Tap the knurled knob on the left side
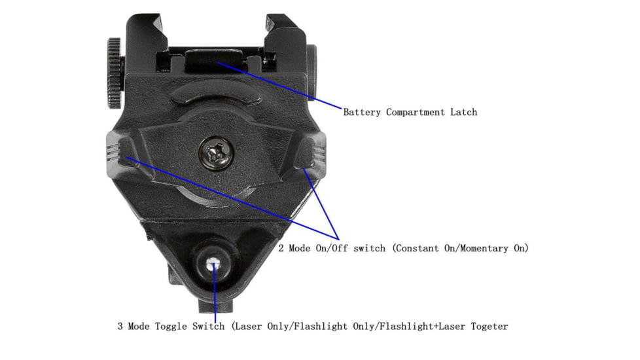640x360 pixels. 115,73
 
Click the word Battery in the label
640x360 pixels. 362,112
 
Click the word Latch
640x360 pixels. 463,112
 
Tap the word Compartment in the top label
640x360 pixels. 416,112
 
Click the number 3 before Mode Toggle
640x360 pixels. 120,326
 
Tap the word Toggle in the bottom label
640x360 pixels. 171,326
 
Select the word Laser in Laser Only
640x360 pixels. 247,326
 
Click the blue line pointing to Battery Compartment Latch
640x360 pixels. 281,84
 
